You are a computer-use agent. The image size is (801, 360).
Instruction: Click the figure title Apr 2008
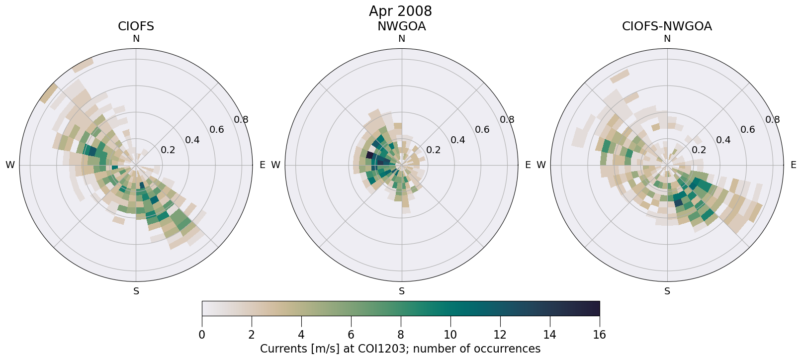(400, 11)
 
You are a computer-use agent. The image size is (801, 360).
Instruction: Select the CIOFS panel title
(136, 26)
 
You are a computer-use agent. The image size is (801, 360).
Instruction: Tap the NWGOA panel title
(401, 26)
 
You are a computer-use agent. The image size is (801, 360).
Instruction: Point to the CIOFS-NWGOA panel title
(667, 26)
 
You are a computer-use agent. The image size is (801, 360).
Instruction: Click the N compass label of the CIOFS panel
(136, 39)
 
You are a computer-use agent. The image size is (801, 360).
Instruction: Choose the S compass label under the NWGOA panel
(402, 291)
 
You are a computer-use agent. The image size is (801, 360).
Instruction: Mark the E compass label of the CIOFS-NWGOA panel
(794, 165)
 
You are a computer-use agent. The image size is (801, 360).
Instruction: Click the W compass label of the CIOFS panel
(10, 165)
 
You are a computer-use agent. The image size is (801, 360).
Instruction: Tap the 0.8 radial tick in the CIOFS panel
(241, 119)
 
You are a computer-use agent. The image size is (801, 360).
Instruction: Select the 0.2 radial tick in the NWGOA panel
(433, 150)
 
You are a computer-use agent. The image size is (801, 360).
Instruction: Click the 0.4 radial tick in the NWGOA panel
(457, 140)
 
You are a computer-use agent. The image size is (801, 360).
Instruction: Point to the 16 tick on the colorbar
(599, 335)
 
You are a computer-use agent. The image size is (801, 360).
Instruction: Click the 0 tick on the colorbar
(202, 335)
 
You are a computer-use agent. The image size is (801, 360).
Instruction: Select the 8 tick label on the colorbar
(401, 335)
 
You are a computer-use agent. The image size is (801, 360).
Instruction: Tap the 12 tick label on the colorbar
(500, 335)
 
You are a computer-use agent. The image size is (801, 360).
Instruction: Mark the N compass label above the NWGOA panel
(402, 39)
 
